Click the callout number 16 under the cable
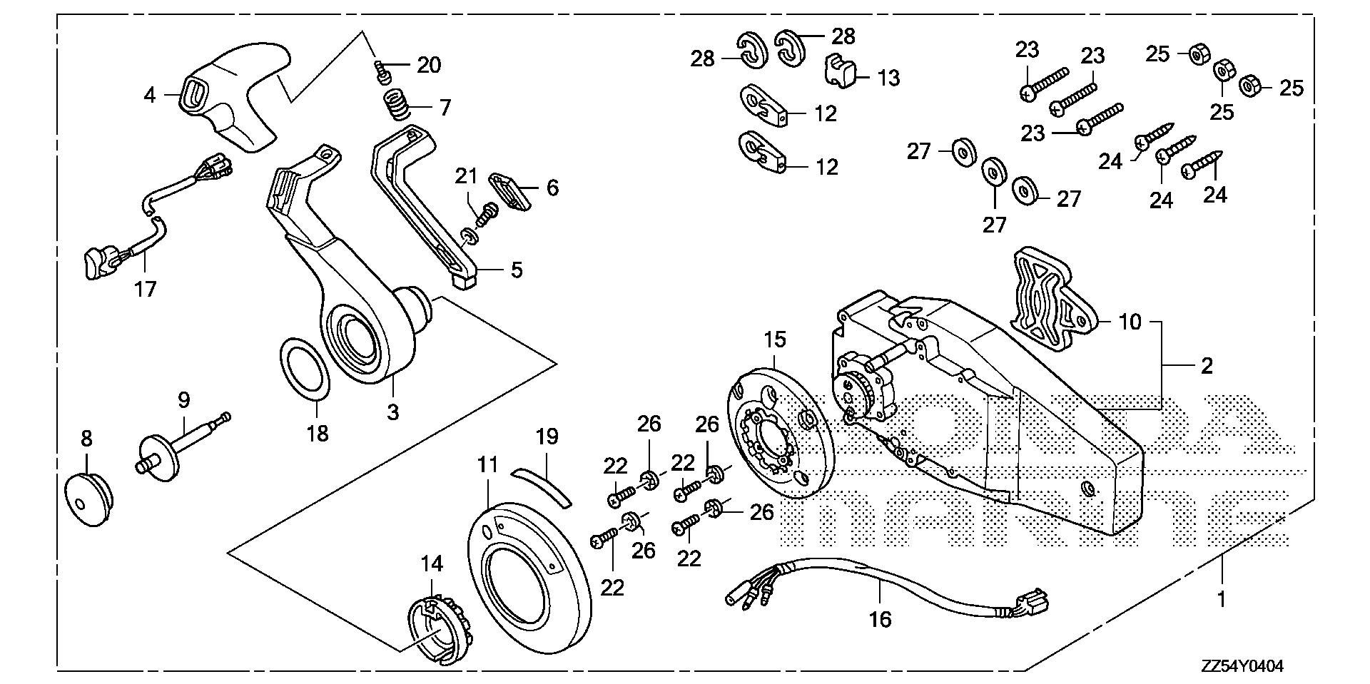(x=881, y=618)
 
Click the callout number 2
(x=1206, y=366)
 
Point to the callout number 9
(x=183, y=401)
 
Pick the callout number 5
(x=515, y=270)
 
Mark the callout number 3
(x=392, y=412)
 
